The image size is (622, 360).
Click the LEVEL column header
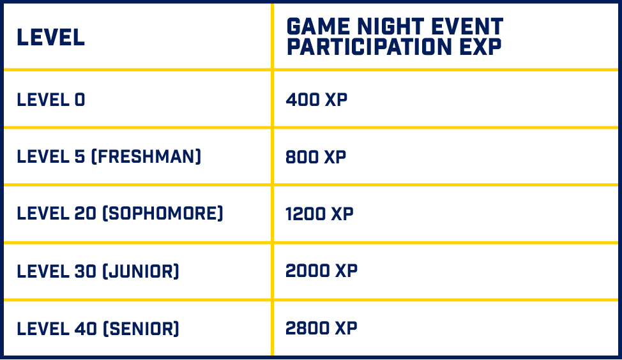51,37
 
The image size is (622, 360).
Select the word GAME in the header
319,27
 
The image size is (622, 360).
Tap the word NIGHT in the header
391,27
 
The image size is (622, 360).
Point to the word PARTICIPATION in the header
369,47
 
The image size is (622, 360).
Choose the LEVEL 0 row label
51,100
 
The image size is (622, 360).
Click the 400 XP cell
316,100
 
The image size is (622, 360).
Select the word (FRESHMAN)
146,156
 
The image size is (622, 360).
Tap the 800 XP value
315,157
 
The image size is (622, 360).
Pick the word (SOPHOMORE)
163,213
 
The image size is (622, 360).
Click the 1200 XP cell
319,214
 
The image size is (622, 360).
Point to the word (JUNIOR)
140,271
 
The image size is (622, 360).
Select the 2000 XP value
321,271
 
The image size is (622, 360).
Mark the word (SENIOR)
140,329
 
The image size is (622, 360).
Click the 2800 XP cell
321,328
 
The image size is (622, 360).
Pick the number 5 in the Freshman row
80,156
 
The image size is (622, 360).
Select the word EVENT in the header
467,27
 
